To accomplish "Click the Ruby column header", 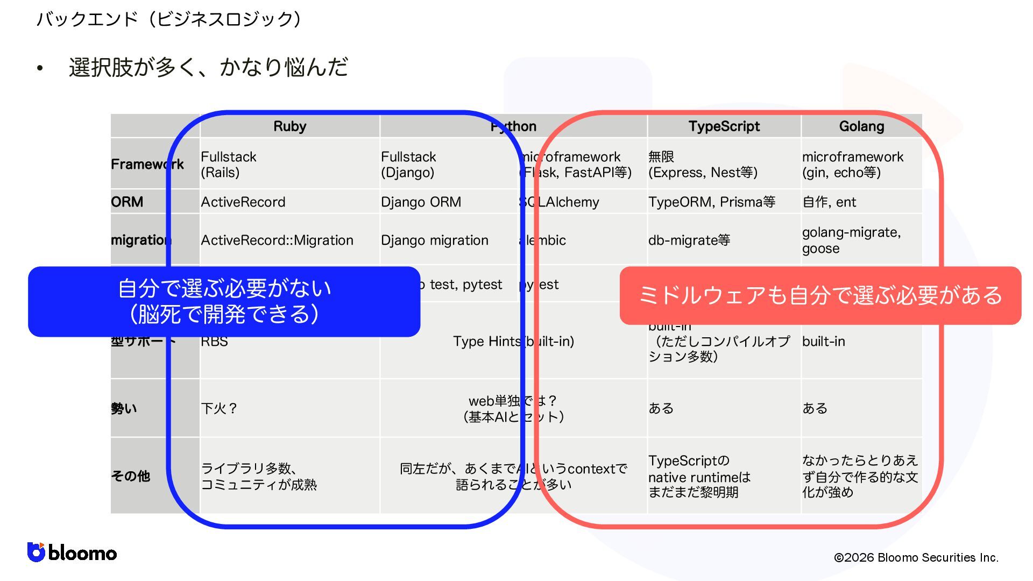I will (x=289, y=126).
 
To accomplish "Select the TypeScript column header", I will (x=724, y=126).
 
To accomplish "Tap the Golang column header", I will (x=861, y=126).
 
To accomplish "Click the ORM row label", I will (x=128, y=202).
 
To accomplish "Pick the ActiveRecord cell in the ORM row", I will (x=243, y=202).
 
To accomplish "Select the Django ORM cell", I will (x=421, y=202).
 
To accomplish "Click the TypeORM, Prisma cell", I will (x=711, y=202).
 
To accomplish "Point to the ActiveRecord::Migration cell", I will (x=277, y=240).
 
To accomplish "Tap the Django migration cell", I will (x=435, y=240).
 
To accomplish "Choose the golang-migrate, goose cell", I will (x=851, y=240).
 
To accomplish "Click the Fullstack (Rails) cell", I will (x=229, y=164).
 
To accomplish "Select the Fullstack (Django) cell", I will (x=408, y=164).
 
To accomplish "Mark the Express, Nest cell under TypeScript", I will (x=703, y=164).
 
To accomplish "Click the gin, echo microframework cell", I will (x=853, y=164).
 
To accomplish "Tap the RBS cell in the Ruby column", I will (x=214, y=342).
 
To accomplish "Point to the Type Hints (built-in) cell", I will (x=513, y=341).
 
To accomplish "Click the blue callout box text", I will (x=224, y=301).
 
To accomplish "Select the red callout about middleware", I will (x=820, y=295).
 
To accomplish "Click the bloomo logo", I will (x=72, y=552).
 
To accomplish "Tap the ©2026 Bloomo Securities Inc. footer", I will (x=916, y=557).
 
